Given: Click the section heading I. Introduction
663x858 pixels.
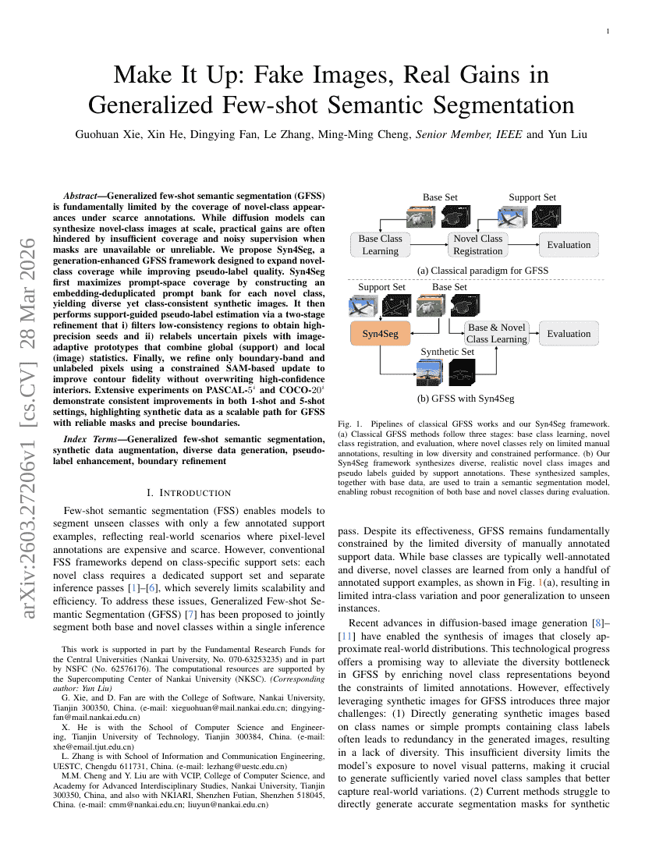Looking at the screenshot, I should point(189,492).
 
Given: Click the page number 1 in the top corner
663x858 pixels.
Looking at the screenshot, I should point(608,31).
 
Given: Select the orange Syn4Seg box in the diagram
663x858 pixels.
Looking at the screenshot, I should point(381,334).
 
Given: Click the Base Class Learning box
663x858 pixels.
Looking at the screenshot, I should point(381,245).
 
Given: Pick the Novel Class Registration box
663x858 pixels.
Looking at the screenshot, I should point(478,245).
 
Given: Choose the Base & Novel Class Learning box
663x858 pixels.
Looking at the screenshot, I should point(496,333).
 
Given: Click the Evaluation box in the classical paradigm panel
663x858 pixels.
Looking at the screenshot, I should point(569,245).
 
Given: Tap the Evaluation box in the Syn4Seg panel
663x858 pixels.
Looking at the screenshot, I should point(569,334).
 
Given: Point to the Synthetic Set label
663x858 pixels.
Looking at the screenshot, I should point(447,352).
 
